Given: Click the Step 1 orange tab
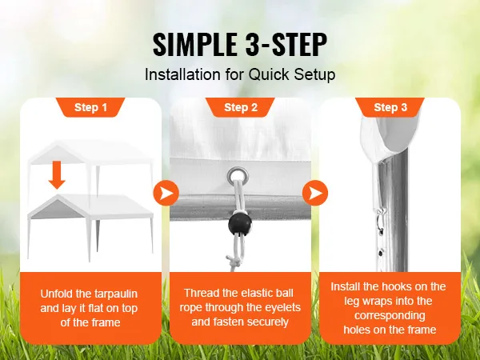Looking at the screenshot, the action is coord(90,107).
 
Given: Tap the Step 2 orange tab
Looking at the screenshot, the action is coord(240,107).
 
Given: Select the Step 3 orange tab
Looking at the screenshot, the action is coord(390,107).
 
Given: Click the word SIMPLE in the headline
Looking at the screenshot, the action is coord(195,44).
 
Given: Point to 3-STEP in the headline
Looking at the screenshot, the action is coord(286,44).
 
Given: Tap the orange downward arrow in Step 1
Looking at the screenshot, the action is coord(57,174).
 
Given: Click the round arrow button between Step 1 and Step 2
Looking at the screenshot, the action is coord(166,193).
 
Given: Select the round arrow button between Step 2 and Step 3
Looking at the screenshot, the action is coord(315,193).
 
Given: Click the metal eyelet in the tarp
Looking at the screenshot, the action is coord(238,177).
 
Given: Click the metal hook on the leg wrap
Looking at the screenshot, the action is coord(380,221).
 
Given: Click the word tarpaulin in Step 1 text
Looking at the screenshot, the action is coord(116,294).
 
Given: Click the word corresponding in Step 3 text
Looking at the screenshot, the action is coord(390,316).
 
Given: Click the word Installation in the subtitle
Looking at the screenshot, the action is coord(182,74).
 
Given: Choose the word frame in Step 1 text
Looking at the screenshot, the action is coord(105,322).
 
